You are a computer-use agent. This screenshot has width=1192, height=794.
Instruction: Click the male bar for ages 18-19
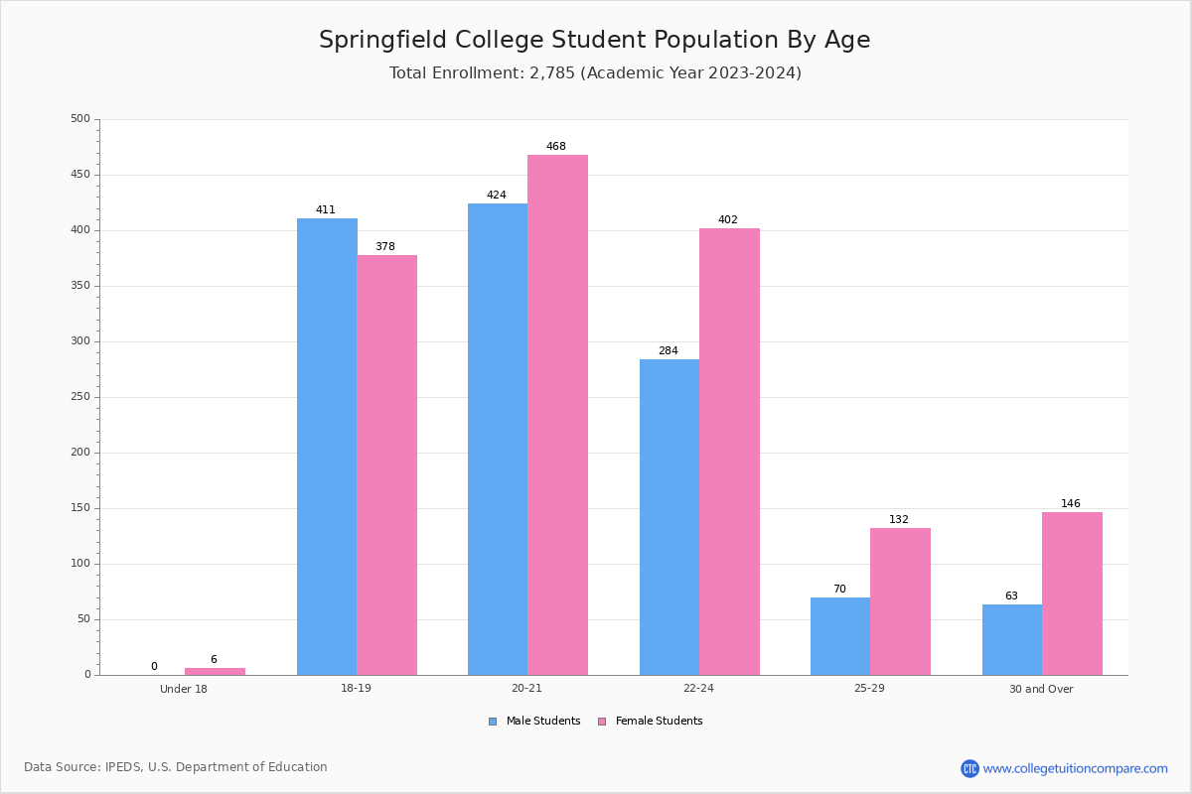coord(327,447)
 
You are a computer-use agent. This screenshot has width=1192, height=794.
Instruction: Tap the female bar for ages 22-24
coord(729,452)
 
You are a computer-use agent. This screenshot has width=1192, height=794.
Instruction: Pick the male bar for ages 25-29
coord(840,636)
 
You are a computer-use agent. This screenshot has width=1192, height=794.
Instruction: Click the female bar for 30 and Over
coord(1072,594)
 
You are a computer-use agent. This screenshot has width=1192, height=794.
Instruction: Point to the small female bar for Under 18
coord(215,672)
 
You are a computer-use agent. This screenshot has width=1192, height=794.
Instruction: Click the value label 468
coord(556,147)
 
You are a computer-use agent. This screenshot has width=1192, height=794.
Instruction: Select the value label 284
coord(669,351)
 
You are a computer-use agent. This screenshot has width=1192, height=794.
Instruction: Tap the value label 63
coord(1011,596)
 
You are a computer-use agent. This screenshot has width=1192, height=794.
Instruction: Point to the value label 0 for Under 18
coord(154,667)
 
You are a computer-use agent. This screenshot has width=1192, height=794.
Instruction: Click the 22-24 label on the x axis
coord(698,689)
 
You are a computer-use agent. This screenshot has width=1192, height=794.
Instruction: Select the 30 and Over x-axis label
coord(1041,689)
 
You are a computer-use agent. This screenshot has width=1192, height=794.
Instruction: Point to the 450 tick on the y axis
coord(79,175)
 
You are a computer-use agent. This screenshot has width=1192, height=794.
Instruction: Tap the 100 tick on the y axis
coord(79,564)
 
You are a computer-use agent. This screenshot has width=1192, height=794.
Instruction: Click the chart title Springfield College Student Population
coord(594,40)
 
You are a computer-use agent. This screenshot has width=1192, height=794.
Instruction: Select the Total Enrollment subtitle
coord(595,73)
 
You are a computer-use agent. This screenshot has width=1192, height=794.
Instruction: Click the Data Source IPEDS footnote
coord(176,767)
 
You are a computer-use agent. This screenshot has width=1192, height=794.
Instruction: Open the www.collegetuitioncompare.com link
coord(1075,768)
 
